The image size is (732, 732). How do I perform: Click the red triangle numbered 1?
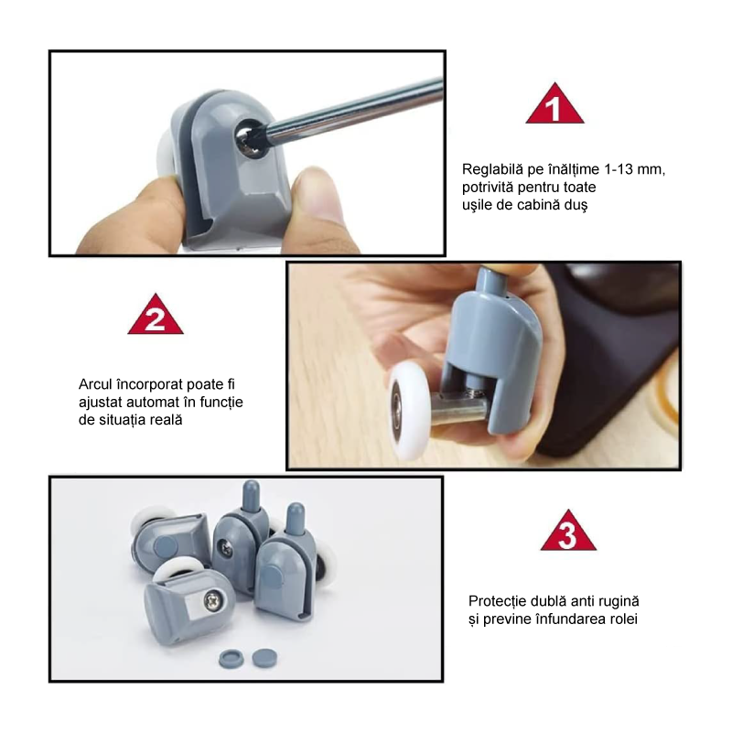[x=554, y=104]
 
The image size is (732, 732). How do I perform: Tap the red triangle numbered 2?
[x=156, y=316]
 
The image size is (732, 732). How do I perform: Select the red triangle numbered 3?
[x=568, y=532]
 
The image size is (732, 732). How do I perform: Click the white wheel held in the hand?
[x=410, y=411]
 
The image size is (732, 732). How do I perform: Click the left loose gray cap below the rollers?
[x=231, y=659]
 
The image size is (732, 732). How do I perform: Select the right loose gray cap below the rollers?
[x=264, y=658]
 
